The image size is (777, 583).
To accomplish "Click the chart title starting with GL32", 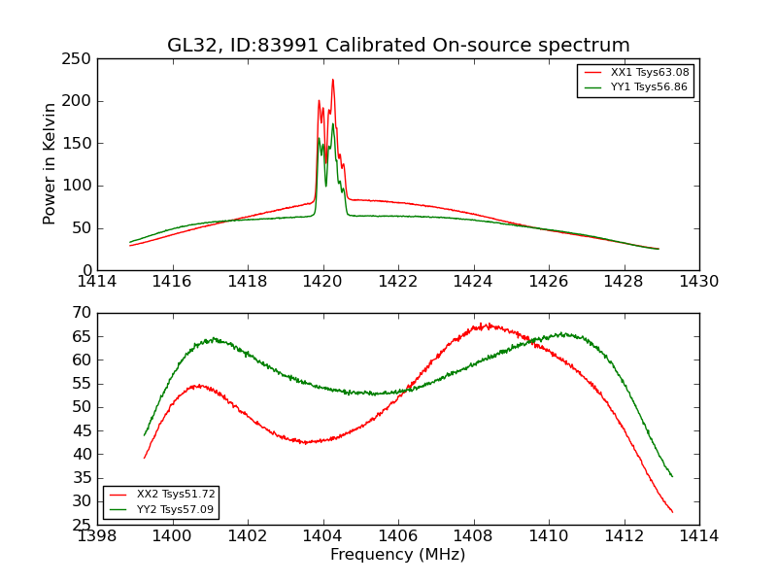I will coord(398,46).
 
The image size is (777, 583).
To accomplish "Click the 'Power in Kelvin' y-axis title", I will coord(50,163).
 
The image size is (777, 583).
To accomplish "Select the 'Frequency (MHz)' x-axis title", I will coord(397,555).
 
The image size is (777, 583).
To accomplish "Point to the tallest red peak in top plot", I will coord(332,81).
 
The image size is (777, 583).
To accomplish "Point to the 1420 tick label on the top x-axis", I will coord(322,282).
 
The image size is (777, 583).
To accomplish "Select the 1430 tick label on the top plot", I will coord(698,282).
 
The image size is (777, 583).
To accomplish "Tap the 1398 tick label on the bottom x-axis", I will coord(97,536).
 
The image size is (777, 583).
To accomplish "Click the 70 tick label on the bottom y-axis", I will coord(83,313).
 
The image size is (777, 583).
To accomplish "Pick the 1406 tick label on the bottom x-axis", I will coord(398,536).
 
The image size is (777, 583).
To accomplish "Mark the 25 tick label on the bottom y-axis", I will coord(83,525).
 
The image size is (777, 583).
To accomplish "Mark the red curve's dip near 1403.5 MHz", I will coord(305,442).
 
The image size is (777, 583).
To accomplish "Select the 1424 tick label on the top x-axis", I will coord(473,282).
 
